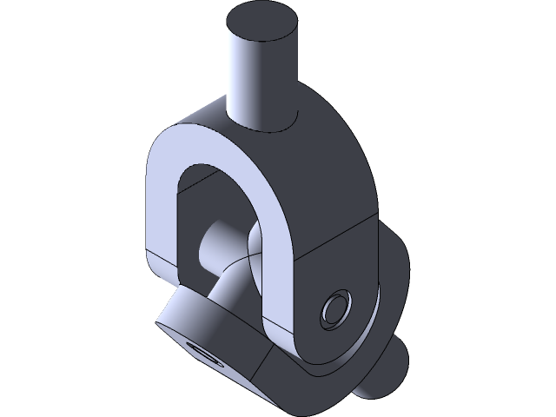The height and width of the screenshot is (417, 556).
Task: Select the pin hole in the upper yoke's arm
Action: tap(335, 308)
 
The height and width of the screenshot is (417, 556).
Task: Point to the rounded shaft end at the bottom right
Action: tap(387, 365)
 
